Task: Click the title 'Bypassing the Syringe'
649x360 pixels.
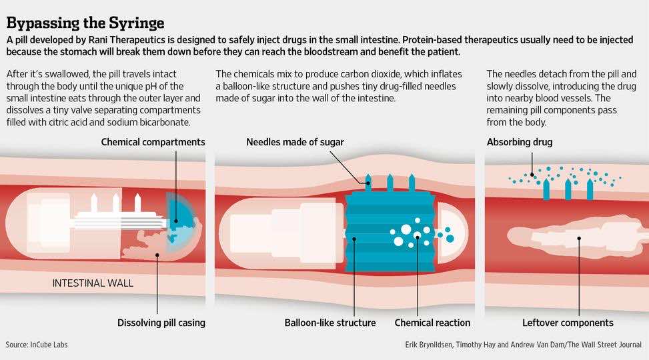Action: (x=85, y=23)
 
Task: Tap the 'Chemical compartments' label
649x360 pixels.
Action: (x=153, y=142)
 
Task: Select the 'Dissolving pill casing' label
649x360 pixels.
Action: (x=161, y=323)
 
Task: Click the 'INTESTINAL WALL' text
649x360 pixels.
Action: (x=93, y=283)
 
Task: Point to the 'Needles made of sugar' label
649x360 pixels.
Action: (x=295, y=142)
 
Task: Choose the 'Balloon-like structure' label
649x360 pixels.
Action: (x=330, y=323)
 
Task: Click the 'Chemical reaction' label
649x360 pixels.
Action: (x=432, y=323)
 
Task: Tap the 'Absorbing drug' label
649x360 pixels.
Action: (x=520, y=142)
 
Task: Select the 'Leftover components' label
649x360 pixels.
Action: (x=568, y=323)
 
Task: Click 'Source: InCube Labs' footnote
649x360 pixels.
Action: (x=37, y=345)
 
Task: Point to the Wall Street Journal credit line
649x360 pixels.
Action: (x=523, y=345)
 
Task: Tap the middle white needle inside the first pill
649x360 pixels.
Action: (x=116, y=203)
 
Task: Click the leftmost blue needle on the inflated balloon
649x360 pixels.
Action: (x=368, y=183)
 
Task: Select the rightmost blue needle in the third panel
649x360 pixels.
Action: (x=590, y=189)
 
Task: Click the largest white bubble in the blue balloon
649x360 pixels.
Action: (x=406, y=229)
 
